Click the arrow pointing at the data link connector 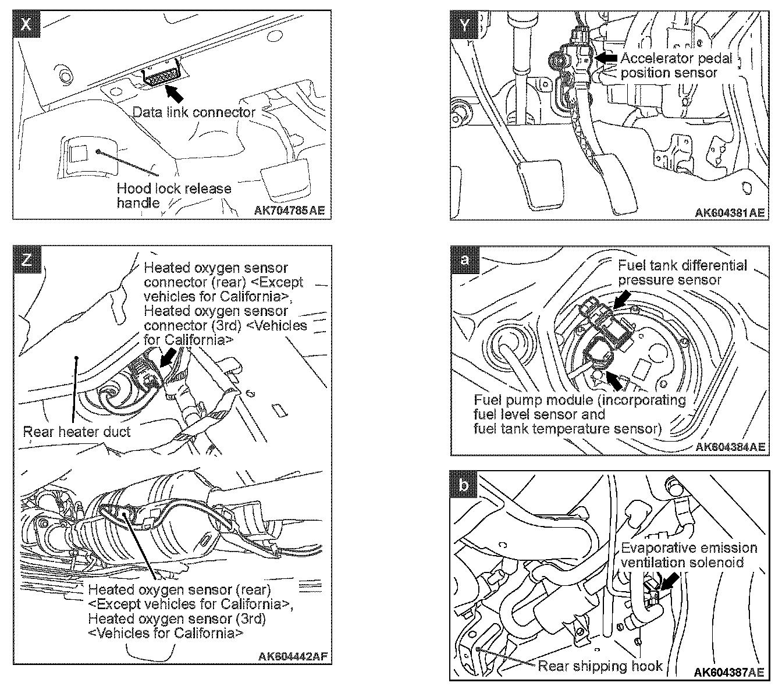(x=175, y=92)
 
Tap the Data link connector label (x=194, y=112)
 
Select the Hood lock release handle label (x=173, y=195)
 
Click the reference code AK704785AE (x=289, y=211)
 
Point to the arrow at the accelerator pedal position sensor (x=606, y=58)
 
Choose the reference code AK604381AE (x=730, y=213)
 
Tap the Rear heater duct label (x=76, y=432)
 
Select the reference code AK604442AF (x=294, y=656)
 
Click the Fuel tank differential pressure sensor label (x=682, y=273)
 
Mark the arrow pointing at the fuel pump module (x=612, y=379)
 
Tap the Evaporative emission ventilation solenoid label (x=689, y=555)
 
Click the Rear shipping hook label (x=600, y=666)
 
